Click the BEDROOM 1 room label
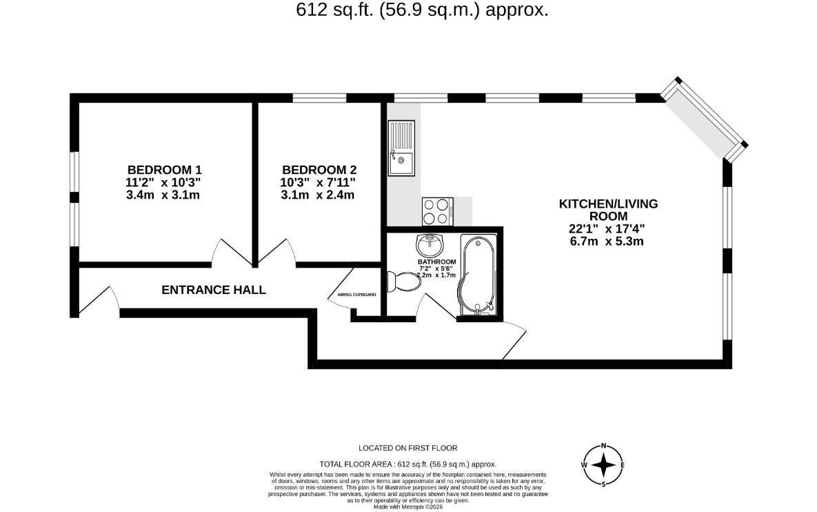[164, 170]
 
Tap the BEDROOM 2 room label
[319, 170]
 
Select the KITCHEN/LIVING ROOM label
[607, 210]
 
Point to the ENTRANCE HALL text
[213, 290]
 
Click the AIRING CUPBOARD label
[356, 295]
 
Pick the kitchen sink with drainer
[401, 148]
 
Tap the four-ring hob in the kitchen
[436, 210]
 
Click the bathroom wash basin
[430, 244]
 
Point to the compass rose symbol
[603, 465]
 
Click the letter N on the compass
[604, 446]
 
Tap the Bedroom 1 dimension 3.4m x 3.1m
[164, 195]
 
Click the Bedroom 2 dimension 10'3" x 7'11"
[319, 182]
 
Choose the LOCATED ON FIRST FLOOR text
[407, 448]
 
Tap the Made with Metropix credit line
[407, 506]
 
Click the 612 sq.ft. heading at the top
[422, 10]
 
